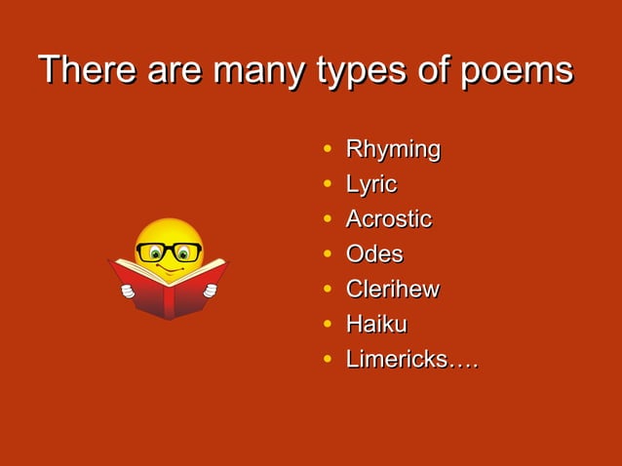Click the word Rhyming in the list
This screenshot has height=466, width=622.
pyautogui.click(x=393, y=150)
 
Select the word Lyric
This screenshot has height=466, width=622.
pyautogui.click(x=370, y=185)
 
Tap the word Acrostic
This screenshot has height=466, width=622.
pyautogui.click(x=388, y=219)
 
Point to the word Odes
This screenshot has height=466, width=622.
pyautogui.click(x=373, y=254)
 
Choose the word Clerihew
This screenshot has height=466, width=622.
pyautogui.click(x=392, y=290)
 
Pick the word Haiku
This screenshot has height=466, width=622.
pyautogui.click(x=375, y=325)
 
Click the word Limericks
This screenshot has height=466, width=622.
pyautogui.click(x=396, y=360)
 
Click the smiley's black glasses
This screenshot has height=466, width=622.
pyautogui.click(x=169, y=252)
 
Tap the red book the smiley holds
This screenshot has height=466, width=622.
pyautogui.click(x=168, y=292)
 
